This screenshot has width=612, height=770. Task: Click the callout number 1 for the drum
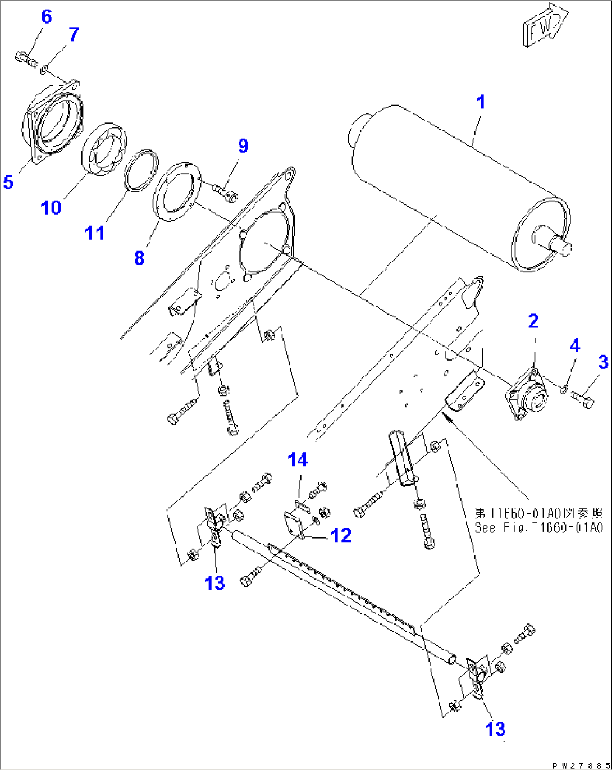[x=481, y=102]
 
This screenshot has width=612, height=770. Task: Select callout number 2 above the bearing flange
[x=533, y=321]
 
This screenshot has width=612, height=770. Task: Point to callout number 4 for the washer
[x=574, y=345]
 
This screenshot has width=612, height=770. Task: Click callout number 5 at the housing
[x=8, y=182]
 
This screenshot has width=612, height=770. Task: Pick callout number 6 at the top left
[x=46, y=17]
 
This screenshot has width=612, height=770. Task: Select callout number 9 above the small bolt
[x=243, y=146]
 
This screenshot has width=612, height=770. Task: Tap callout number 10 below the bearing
[x=51, y=207]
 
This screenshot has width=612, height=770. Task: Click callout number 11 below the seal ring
[x=94, y=233]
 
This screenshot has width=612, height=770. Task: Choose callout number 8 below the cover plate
[x=139, y=258]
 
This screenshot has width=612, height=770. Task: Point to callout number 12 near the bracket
[x=340, y=535]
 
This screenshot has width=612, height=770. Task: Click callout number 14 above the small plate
[x=298, y=460]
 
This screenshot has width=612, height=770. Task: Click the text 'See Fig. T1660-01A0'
[x=538, y=528]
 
